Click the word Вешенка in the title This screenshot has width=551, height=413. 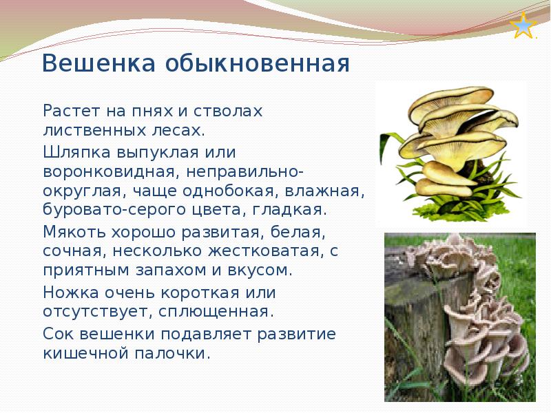point(98,63)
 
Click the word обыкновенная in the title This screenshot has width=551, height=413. point(257,63)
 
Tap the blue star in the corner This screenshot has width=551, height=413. point(523,25)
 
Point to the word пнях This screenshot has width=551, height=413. point(152,112)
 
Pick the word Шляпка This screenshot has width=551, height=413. point(76,152)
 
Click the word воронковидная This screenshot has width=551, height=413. point(109,172)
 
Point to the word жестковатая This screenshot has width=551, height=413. point(265,251)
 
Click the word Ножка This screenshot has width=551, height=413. point(71,292)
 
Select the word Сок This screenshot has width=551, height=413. point(57,334)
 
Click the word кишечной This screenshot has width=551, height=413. point(85,353)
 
